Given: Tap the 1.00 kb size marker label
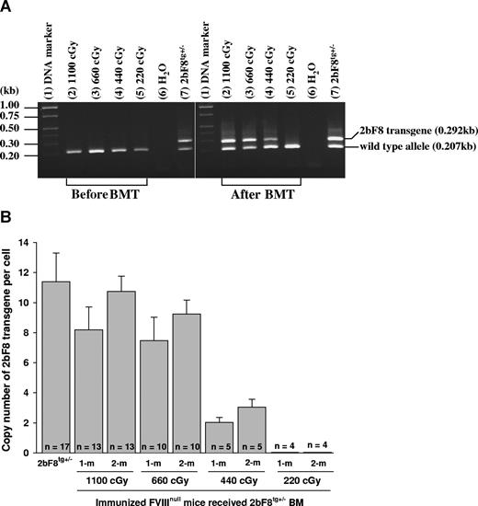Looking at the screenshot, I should coord(34,105).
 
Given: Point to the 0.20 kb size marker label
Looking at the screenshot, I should coord(34,156).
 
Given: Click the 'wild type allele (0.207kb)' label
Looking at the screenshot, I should coord(410,148).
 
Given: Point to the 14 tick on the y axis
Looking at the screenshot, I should coord(51,242).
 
